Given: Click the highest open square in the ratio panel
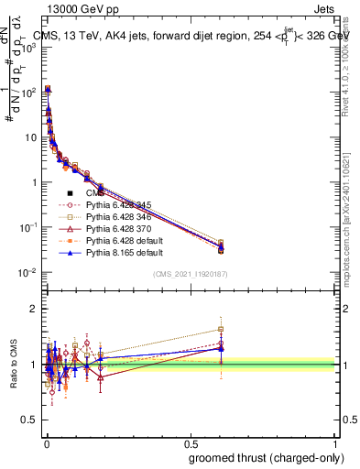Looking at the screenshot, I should (x=220, y=330).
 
